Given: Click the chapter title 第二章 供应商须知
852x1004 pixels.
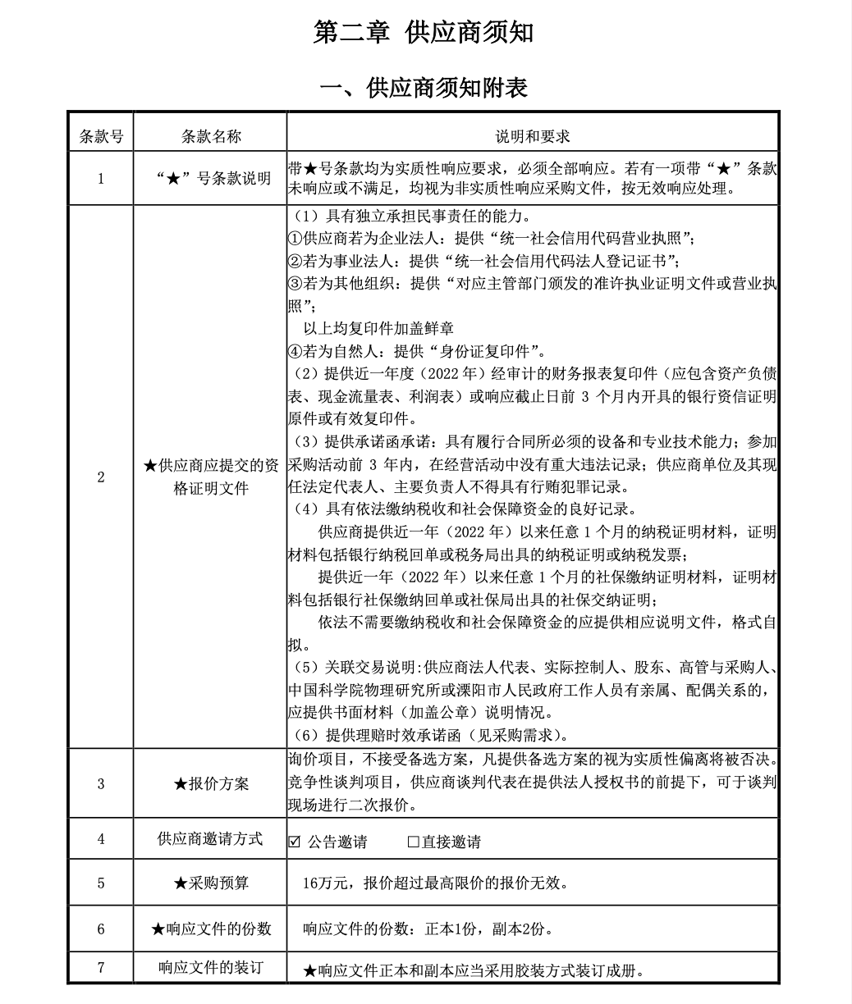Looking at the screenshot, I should click(424, 32).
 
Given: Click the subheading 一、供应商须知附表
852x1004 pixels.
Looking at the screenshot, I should click(424, 88).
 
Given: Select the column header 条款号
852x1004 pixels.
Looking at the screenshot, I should click(101, 136).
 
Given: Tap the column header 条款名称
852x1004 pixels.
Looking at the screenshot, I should click(211, 136).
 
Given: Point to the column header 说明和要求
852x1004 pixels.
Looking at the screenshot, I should click(532, 136).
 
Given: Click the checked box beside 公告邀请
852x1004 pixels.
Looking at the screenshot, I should click(295, 842).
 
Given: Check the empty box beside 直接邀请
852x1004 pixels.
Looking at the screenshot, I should click(413, 842).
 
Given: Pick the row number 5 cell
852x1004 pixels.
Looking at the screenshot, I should click(101, 883).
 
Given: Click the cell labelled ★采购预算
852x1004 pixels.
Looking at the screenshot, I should click(211, 883).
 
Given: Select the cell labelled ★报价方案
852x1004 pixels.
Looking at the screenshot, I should click(211, 783).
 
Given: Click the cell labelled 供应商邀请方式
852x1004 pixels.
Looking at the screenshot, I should click(211, 839).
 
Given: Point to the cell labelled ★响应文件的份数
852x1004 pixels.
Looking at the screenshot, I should click(211, 929).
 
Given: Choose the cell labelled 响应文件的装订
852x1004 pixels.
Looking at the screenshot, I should click(211, 968).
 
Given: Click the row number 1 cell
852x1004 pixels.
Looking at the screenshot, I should click(101, 178).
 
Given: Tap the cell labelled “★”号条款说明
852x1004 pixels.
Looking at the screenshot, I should click(211, 178).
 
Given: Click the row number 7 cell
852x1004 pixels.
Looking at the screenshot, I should click(101, 968).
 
